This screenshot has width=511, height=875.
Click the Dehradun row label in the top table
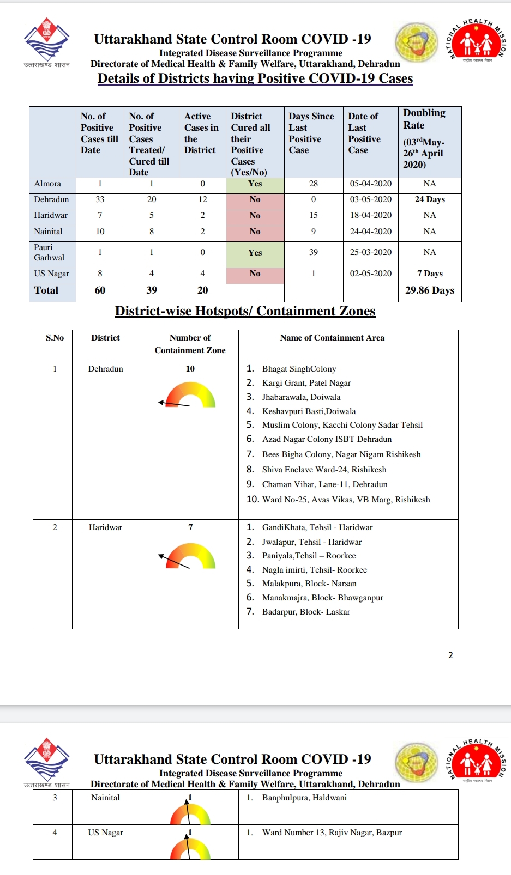tap(52, 199)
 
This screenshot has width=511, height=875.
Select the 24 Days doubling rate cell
tap(430, 199)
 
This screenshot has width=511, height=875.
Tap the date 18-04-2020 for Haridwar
tap(371, 215)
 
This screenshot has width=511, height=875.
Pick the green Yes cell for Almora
tap(255, 184)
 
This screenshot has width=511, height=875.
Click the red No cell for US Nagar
tap(255, 274)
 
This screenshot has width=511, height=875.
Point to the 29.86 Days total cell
tap(430, 290)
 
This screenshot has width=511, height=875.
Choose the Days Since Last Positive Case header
tap(311, 133)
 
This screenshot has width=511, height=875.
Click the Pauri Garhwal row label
tap(50, 252)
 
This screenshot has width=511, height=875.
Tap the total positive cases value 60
tap(100, 290)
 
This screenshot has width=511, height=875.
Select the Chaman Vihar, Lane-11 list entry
tap(324, 484)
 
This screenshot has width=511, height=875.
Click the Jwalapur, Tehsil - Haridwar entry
tap(311, 542)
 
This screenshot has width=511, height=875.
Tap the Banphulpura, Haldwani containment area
tap(304, 798)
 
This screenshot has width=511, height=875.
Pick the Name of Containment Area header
tap(332, 338)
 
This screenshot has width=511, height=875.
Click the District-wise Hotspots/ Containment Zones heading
tap(245, 311)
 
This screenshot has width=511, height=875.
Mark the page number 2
tap(450, 655)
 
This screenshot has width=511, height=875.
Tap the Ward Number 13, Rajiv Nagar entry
tap(332, 833)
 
